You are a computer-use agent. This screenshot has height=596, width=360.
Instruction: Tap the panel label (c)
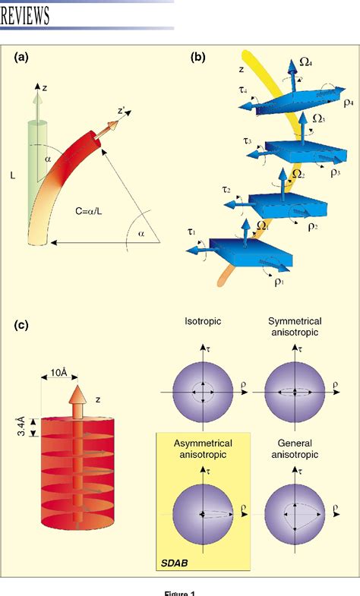pos(25,326)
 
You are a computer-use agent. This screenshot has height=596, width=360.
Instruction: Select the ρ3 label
pos(335,172)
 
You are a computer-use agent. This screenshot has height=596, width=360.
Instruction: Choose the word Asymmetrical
pos(201,443)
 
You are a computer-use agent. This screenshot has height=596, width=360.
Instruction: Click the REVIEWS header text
pos(26,14)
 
